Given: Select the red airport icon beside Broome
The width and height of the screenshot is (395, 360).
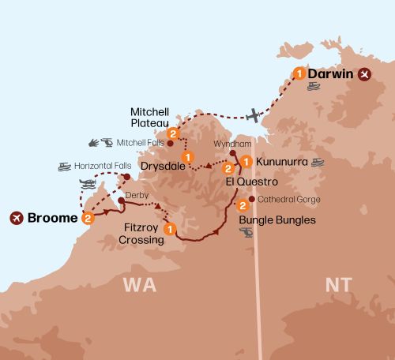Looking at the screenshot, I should [x=16, y=217].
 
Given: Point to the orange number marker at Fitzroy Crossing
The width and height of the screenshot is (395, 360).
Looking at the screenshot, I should [x=169, y=229].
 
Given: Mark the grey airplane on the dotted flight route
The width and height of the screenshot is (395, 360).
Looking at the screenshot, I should [x=253, y=115].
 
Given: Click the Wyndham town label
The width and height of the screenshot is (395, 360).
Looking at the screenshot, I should [x=230, y=145].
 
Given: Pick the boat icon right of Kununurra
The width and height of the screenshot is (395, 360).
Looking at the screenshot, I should [x=318, y=163].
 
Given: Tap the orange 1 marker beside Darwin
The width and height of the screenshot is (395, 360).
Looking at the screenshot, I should [x=299, y=74].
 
